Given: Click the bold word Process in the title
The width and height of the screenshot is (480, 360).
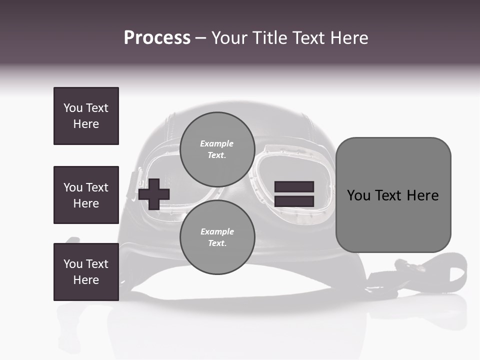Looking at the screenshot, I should (157, 38).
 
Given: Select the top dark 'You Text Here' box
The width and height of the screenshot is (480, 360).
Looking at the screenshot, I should (86, 116).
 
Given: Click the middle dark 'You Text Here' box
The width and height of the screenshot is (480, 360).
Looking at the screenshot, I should (86, 195).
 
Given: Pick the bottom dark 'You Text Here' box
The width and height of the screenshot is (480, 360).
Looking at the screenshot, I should (86, 272).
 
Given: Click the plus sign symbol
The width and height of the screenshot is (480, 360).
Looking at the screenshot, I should (154, 194).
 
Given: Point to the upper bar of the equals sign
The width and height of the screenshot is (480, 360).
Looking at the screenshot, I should (294, 186).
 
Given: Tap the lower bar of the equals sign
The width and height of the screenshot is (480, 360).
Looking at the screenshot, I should (294, 201).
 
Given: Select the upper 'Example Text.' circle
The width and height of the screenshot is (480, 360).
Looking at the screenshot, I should (217, 149).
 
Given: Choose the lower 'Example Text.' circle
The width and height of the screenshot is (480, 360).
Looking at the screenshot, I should (217, 237).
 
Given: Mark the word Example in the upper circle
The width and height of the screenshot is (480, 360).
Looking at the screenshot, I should (217, 143).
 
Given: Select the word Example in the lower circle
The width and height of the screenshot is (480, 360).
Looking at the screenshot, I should (217, 231).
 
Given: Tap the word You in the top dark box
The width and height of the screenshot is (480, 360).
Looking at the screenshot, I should (72, 108).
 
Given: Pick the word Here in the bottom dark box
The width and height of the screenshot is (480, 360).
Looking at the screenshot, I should (86, 280).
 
